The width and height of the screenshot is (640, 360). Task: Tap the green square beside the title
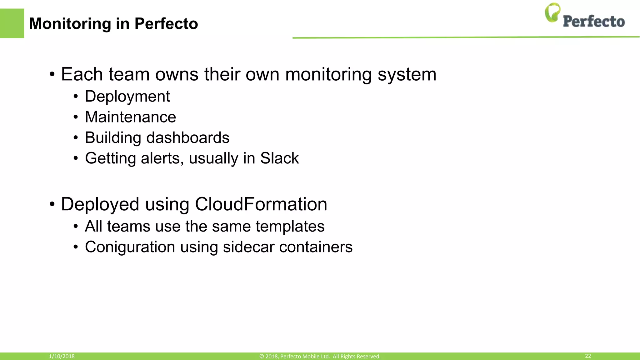point(12,23)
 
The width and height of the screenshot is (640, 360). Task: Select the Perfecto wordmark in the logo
point(594,21)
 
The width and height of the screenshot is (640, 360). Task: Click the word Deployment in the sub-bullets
point(127,96)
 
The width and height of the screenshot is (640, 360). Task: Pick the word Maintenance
point(130,117)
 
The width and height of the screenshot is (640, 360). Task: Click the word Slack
point(279,158)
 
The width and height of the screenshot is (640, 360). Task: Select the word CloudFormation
point(261,204)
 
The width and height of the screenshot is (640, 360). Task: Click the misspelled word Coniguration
point(130,247)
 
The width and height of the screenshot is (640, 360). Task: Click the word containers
point(316,247)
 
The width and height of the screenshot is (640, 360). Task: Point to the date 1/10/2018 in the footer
point(62,356)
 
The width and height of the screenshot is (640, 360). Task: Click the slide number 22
point(588,356)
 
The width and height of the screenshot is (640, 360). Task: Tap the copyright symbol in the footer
point(262,356)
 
